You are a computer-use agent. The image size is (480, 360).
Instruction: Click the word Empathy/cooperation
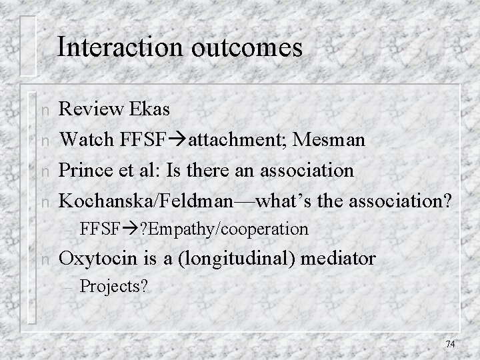233,229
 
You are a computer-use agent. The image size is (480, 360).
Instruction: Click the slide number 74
449,344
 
